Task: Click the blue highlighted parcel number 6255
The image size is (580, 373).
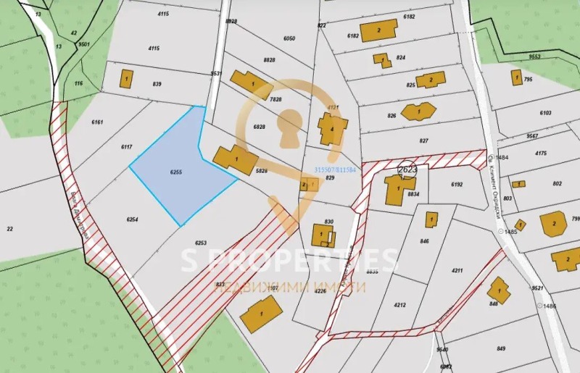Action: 175,172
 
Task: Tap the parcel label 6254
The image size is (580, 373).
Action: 132,219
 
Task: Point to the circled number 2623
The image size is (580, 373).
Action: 407,169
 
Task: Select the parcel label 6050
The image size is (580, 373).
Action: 290,38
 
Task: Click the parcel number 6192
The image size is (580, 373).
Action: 457,185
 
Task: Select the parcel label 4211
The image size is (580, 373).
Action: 457,271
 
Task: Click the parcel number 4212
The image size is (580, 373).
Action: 400,305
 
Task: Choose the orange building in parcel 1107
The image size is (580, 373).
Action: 260,314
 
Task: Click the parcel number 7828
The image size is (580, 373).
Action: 275,99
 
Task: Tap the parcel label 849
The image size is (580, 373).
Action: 501,349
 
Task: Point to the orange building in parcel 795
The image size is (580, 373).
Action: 515,77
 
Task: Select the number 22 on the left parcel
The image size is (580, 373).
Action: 10,229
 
